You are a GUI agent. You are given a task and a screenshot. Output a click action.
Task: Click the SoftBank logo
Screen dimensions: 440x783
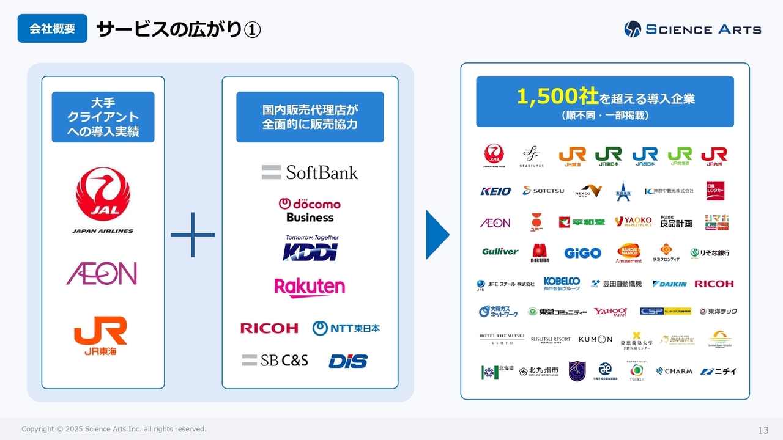(310, 172)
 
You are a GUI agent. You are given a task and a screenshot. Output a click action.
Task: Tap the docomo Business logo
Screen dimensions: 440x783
(310, 210)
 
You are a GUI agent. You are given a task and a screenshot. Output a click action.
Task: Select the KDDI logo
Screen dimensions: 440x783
(310, 249)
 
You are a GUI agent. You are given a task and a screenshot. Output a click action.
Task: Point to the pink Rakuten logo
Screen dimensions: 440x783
(310, 287)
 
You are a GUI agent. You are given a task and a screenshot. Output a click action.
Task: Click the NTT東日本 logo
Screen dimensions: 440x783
(346, 328)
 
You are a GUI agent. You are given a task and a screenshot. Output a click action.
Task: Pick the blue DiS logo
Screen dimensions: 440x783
(348, 361)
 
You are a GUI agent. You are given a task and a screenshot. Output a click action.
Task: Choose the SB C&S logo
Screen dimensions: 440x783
(275, 361)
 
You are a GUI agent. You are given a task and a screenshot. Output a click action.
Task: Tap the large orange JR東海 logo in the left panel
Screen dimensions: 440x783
(100, 335)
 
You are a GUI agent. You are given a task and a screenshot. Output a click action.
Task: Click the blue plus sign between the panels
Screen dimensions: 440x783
(193, 235)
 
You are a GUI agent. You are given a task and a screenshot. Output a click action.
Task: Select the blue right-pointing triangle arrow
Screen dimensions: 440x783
(437, 235)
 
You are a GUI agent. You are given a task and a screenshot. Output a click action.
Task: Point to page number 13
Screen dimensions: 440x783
(763, 430)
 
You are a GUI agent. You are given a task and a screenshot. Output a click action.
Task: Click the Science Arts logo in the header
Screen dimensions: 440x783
(692, 29)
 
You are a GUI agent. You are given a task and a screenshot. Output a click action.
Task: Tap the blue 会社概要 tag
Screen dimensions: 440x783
(52, 29)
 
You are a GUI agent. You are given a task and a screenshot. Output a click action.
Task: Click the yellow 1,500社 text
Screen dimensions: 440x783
(557, 96)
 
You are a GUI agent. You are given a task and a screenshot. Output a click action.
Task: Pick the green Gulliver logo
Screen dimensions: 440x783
(500, 252)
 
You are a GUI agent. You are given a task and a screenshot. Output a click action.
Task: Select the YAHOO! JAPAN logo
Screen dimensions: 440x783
(610, 312)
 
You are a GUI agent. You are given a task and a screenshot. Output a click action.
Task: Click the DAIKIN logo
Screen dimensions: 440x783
(669, 284)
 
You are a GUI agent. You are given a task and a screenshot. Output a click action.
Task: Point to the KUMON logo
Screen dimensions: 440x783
(595, 339)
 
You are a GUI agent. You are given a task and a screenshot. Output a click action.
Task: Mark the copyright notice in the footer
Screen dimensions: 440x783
(114, 429)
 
